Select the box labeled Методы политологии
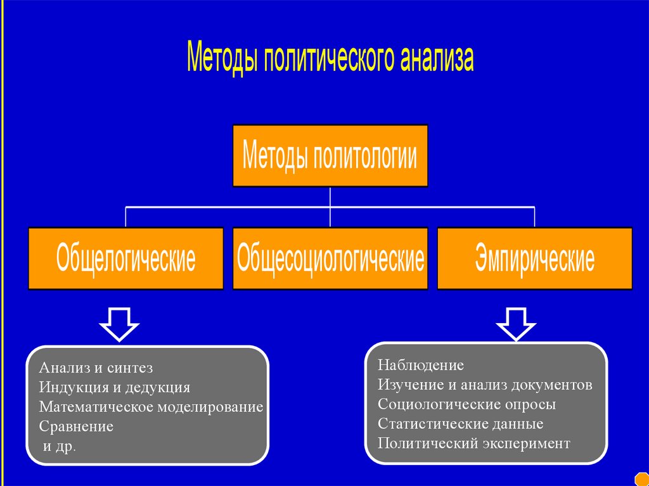330,156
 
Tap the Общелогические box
125,259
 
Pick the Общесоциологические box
330,259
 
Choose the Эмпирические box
534,259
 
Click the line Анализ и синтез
96,368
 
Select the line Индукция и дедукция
114,387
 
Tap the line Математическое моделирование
151,407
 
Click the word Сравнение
76,426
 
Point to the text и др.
59,446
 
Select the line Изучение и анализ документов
485,385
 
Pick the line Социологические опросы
466,404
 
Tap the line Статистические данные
460,424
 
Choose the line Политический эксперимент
473,444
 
